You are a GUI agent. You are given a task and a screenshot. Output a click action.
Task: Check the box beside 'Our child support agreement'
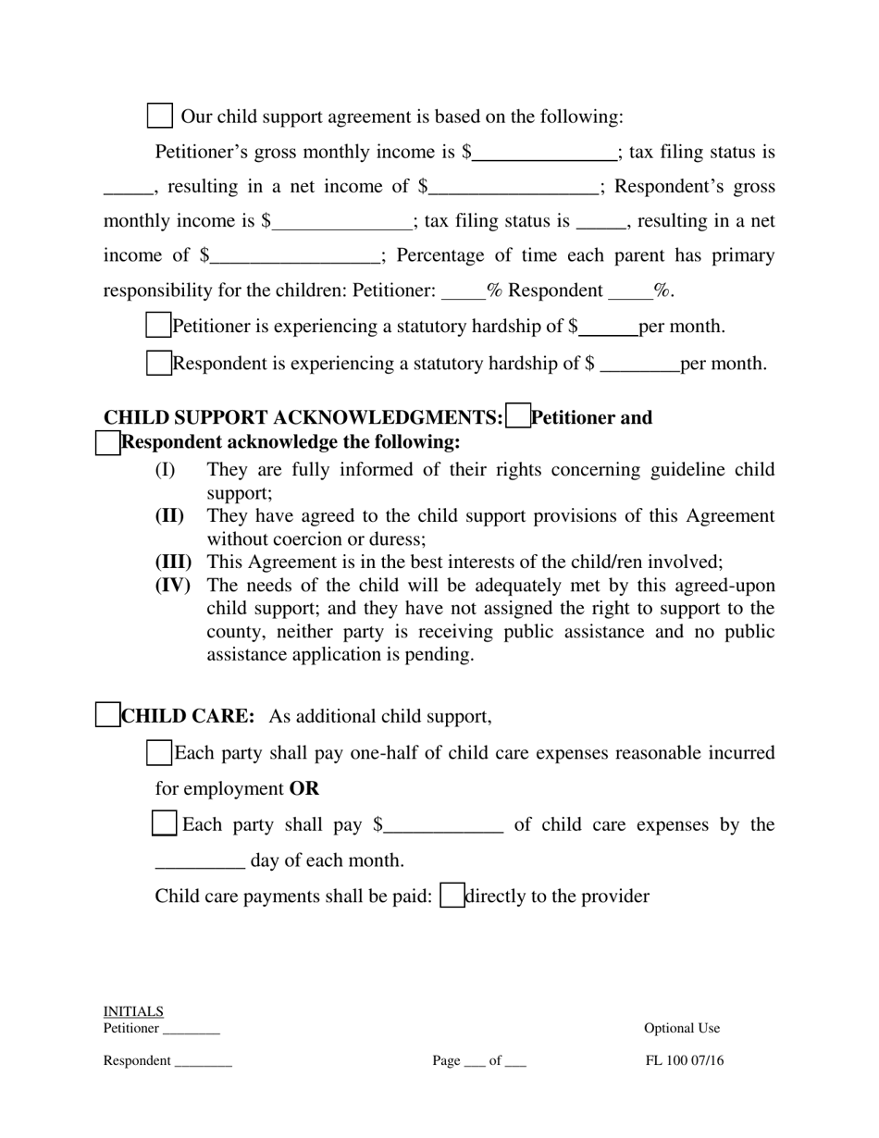[x=160, y=117]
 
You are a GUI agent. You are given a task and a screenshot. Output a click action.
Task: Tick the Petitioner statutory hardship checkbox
[x=159, y=326]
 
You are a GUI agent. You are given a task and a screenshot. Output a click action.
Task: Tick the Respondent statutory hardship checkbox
[x=159, y=364]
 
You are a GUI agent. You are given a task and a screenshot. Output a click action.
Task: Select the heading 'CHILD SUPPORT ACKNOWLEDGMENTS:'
[x=303, y=418]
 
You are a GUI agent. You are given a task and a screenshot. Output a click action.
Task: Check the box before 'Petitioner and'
[x=519, y=417]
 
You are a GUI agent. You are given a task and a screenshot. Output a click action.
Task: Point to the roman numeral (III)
[x=172, y=562]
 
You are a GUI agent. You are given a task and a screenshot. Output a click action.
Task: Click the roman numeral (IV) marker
[x=172, y=585]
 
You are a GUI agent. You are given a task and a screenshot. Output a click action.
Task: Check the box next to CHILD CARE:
[x=108, y=715]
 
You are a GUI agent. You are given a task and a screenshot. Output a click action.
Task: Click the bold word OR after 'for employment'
[x=304, y=789]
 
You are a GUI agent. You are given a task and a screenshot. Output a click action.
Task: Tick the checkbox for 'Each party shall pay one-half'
[x=159, y=753]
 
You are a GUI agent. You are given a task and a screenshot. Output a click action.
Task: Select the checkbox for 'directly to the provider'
[x=452, y=896]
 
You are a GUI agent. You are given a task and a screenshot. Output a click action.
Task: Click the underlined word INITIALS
[x=133, y=1011]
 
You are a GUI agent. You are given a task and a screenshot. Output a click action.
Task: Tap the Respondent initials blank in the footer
[x=203, y=1062]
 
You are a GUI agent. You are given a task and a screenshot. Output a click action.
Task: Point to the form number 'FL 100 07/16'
[x=685, y=1061]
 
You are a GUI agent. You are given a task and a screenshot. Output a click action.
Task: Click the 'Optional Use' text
[x=682, y=1028]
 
